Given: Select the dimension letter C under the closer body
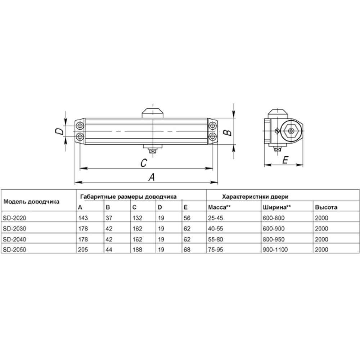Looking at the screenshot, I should coord(143,163).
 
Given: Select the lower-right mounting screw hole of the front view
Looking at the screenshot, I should coord(213,136).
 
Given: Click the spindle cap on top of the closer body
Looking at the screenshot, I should coord(153,112).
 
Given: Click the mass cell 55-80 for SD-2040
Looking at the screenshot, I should coord(215,239).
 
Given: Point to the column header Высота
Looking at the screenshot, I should coord(326,207).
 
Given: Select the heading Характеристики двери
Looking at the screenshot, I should coord(256,197).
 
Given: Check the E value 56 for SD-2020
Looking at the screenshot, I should coord(186,218).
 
